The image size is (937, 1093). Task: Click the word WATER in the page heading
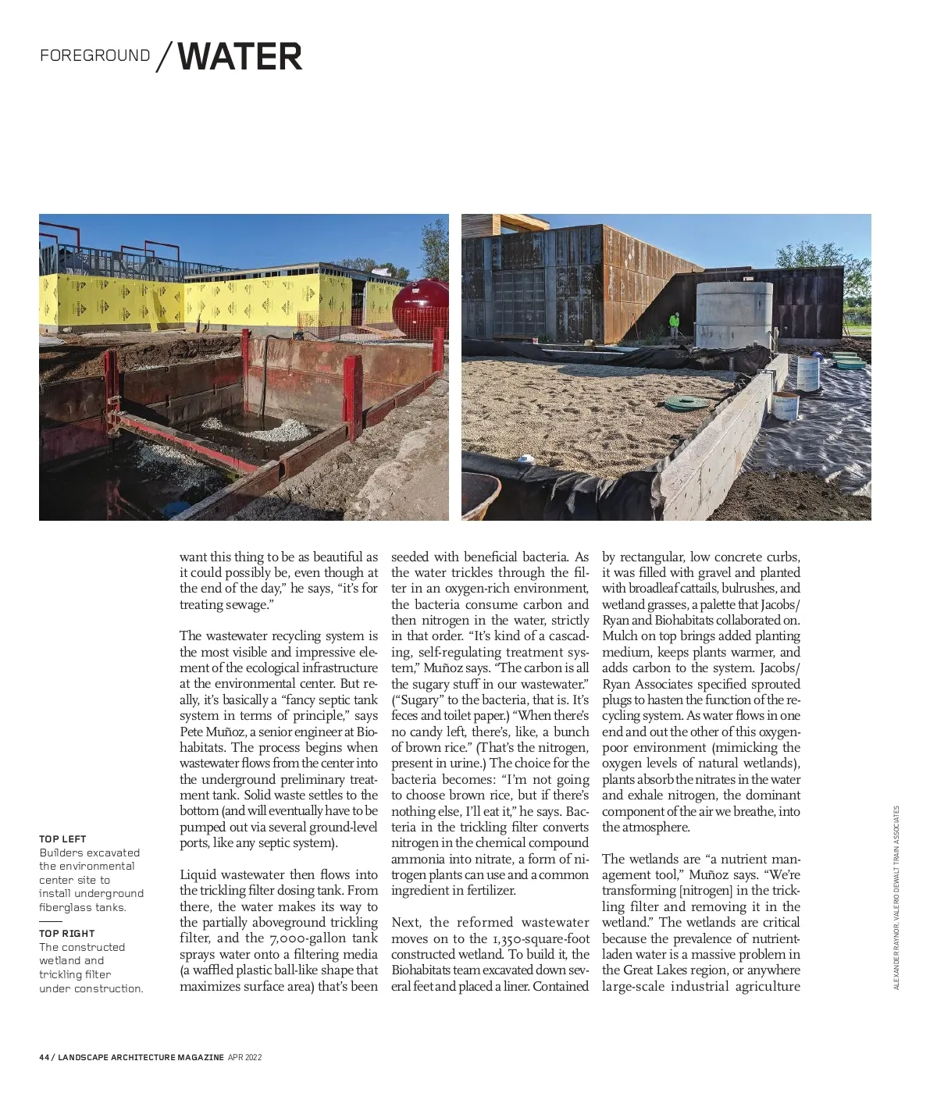(x=240, y=57)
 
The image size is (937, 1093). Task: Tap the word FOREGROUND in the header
(x=95, y=56)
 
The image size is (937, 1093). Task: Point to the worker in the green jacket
(x=674, y=324)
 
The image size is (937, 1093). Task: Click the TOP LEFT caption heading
(x=62, y=838)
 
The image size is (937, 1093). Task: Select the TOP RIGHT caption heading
(x=66, y=933)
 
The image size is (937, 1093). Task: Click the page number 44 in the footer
(x=44, y=1057)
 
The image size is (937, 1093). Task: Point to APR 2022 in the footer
(x=244, y=1057)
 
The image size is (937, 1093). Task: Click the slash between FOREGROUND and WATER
(x=164, y=57)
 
